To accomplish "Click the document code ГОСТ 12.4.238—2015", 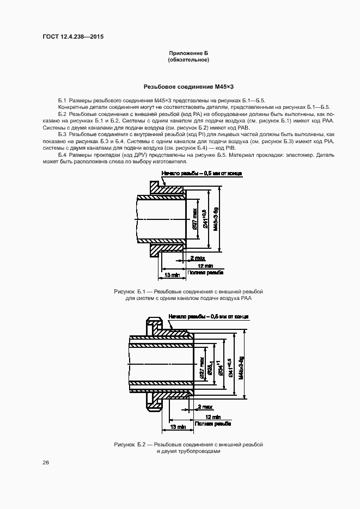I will click(x=72, y=37).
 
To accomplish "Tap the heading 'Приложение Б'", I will click(x=188, y=52).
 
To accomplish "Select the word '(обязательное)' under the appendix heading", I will click(x=188, y=59).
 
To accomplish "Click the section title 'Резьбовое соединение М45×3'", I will click(x=188, y=87).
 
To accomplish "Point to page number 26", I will click(x=46, y=462).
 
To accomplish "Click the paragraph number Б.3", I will click(x=62, y=134).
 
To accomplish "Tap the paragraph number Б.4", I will click(x=62, y=155).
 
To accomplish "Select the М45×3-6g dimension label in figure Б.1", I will click(x=216, y=219).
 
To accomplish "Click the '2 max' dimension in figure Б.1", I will click(x=197, y=257).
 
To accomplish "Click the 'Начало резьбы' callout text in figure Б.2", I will click(x=209, y=316).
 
